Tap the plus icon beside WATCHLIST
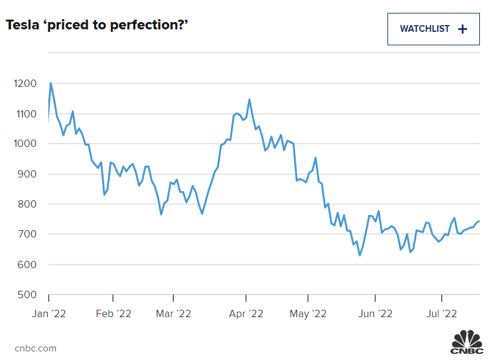click(462, 29)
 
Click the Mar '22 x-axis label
click(174, 313)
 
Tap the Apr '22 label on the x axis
click(246, 313)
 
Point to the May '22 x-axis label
click(309, 313)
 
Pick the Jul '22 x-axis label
click(441, 313)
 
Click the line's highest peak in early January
click(50, 83)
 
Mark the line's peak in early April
click(249, 99)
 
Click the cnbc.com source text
click(36, 348)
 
